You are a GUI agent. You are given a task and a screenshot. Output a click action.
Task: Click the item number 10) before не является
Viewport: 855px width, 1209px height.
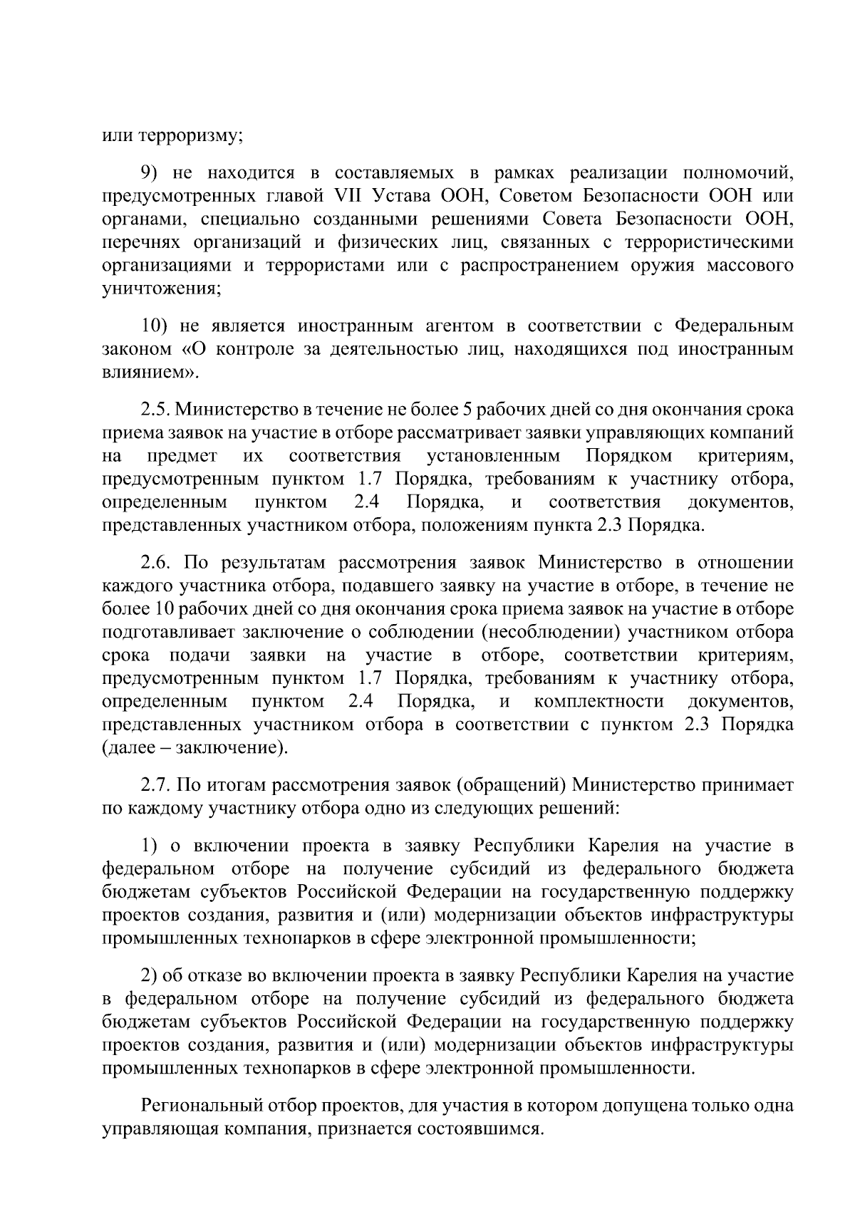[155, 326]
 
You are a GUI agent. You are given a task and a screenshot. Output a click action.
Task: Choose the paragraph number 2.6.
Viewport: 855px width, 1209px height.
[155, 564]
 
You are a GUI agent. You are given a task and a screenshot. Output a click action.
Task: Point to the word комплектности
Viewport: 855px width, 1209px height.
[598, 701]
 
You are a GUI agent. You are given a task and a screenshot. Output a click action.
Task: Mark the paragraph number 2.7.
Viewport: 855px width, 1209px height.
[155, 785]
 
